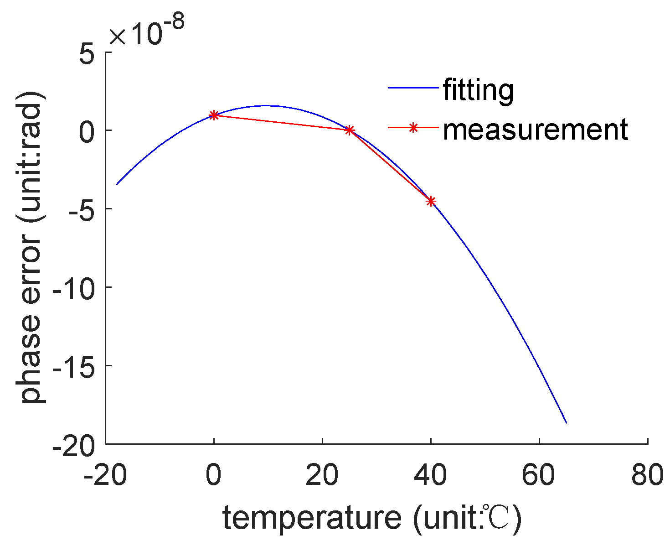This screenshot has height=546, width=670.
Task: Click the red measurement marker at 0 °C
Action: pos(214,115)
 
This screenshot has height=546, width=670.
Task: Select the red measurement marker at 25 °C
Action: pos(349,130)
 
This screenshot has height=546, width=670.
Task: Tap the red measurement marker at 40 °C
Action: pos(431,201)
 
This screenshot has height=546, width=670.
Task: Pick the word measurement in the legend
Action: pos(536,130)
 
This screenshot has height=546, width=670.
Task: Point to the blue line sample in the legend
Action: pos(412,88)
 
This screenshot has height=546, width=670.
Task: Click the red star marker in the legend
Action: pos(412,128)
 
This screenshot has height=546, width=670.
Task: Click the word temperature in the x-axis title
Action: pos(312,519)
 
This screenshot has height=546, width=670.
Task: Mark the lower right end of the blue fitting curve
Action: pos(566,423)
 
